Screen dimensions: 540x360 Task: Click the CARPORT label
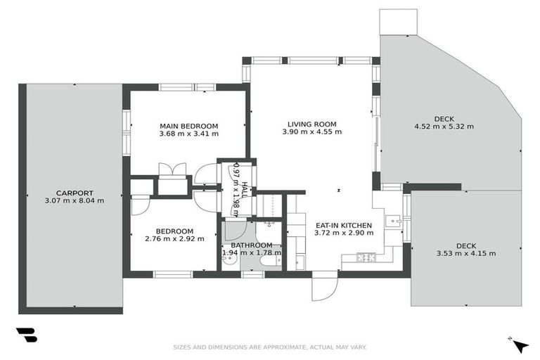(x=75, y=193)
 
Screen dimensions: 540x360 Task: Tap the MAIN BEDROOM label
(x=188, y=126)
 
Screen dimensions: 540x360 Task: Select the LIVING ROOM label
(x=312, y=124)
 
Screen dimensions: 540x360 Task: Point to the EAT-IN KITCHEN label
(x=344, y=225)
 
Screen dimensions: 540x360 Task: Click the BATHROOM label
(x=252, y=245)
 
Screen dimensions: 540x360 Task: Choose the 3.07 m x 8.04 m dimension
(x=75, y=200)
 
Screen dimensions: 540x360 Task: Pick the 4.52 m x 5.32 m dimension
(x=444, y=127)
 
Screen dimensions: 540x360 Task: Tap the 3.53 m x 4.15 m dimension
(x=466, y=254)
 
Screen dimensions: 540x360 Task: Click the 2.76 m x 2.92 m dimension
(x=174, y=238)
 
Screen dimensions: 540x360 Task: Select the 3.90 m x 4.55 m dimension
(x=312, y=131)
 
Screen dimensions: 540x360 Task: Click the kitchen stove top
(x=366, y=257)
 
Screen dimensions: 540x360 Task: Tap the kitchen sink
(x=394, y=220)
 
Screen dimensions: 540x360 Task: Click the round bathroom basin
(x=229, y=262)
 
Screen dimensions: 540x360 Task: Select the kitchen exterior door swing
(x=325, y=289)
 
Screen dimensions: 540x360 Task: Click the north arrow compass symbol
(x=520, y=345)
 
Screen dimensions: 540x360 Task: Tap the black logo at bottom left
(x=27, y=335)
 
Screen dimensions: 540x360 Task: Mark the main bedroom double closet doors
(x=172, y=169)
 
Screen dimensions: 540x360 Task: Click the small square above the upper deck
(x=399, y=22)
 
